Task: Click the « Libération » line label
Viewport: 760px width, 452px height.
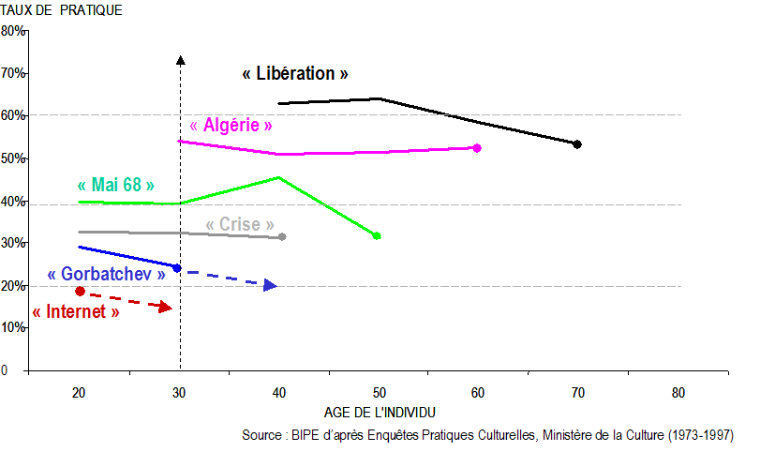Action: point(295,73)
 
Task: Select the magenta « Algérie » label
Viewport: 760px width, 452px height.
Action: point(231,125)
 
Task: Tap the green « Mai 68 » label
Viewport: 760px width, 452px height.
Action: point(116,185)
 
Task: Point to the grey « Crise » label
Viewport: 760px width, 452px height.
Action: point(240,225)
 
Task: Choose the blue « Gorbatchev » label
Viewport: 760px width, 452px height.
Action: point(106,274)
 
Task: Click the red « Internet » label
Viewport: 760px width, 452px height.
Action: point(76,311)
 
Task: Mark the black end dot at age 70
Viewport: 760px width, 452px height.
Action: point(577,144)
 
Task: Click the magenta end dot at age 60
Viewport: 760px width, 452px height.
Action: point(477,148)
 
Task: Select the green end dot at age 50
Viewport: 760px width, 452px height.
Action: point(377,235)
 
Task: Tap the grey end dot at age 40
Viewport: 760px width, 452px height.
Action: point(282,236)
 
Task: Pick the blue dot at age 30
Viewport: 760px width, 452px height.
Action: point(177,268)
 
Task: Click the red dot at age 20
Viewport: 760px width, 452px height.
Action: point(80,291)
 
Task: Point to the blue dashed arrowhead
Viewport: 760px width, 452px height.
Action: point(271,285)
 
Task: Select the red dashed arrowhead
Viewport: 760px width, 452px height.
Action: point(166,308)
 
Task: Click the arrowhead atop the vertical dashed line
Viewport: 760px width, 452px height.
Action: point(180,61)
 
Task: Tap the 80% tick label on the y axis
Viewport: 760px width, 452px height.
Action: point(13,31)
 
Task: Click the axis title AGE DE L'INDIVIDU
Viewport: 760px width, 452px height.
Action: point(380,413)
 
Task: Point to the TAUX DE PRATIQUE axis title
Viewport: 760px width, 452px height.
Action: point(62,10)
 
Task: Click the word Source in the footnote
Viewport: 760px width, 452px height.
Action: point(262,436)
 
